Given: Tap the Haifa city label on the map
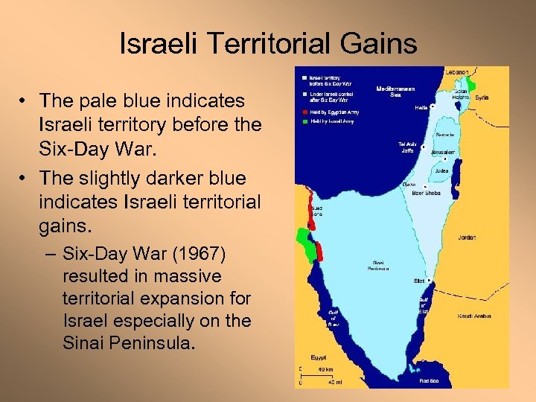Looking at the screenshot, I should click(421, 108).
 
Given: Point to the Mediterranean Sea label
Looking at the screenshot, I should click(393, 91).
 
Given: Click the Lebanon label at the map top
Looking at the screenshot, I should click(457, 71).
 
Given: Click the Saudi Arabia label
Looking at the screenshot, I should click(474, 316).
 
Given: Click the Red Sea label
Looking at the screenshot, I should click(429, 380).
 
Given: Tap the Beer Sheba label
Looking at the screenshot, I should click(426, 193).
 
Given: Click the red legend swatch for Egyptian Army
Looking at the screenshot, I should click(303, 111).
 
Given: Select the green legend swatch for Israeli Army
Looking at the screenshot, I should click(303, 121).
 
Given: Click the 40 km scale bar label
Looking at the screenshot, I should click(325, 368).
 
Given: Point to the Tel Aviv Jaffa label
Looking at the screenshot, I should click(406, 147).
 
